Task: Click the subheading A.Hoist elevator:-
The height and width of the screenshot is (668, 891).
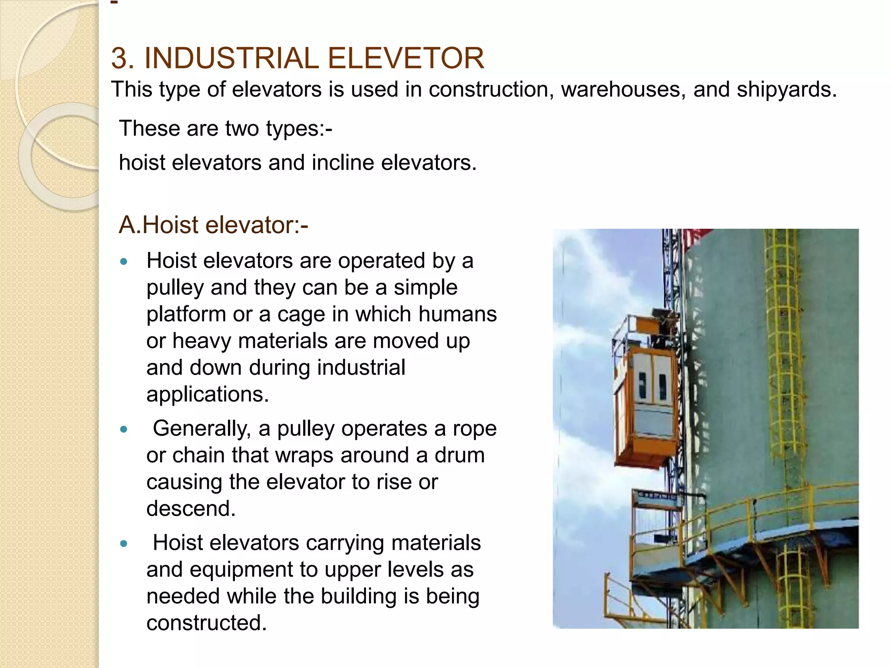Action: (x=213, y=225)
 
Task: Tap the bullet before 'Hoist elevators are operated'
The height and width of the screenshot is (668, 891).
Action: (x=124, y=262)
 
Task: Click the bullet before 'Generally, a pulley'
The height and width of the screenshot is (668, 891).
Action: (x=124, y=430)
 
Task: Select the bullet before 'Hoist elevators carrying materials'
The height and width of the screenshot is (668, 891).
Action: (x=124, y=544)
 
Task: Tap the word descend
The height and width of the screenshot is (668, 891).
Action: (x=191, y=508)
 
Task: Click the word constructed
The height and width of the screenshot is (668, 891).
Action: (x=206, y=623)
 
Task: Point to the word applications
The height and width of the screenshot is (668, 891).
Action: (x=208, y=394)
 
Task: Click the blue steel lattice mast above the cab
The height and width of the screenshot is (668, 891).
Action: (x=672, y=270)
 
